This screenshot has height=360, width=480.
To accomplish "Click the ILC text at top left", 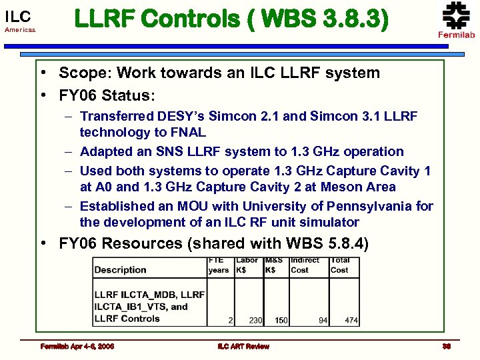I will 18,15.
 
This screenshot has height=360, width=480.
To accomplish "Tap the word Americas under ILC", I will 20,30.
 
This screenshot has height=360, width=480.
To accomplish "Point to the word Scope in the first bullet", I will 80,73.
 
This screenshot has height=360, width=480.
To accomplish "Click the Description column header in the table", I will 120,269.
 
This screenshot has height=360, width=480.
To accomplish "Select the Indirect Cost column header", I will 305,265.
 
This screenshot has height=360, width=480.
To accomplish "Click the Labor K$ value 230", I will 255,321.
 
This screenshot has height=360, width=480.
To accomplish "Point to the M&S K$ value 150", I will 281,321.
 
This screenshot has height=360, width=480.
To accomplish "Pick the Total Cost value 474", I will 351,321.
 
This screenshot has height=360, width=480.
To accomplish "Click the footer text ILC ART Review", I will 243,346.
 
